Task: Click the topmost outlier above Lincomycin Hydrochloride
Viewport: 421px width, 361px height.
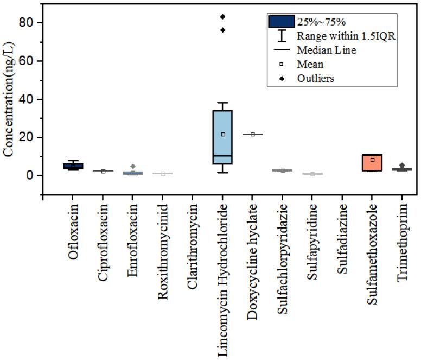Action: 222,17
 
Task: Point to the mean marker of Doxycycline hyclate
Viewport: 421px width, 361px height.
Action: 253,134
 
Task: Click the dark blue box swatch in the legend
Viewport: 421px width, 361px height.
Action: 282,22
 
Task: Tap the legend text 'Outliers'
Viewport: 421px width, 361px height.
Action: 315,78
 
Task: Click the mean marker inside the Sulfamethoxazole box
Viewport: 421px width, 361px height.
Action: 372,160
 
